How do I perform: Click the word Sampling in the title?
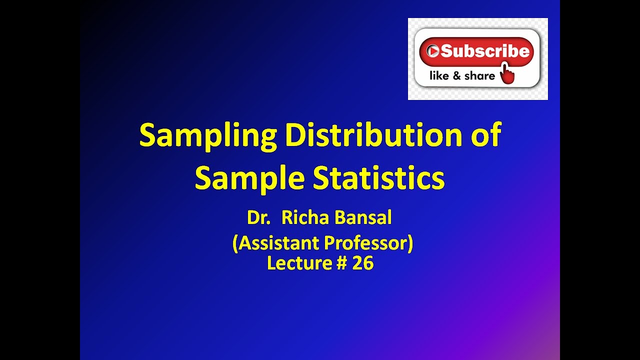click(x=207, y=136)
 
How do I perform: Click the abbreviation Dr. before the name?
click(x=258, y=218)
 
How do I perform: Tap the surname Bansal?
click(x=363, y=218)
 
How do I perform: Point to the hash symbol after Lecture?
click(x=341, y=263)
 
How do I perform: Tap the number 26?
click(x=363, y=263)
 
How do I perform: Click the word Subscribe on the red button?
click(x=484, y=50)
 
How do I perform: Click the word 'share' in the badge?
click(x=479, y=76)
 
